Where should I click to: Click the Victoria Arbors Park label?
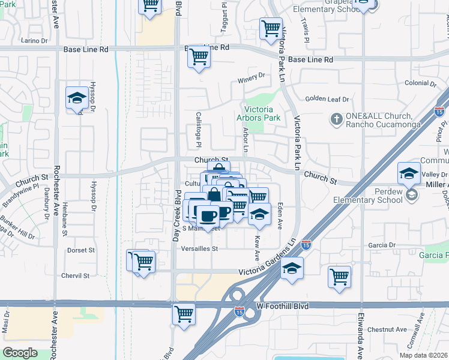click(255, 114)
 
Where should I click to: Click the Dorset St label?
click(81, 250)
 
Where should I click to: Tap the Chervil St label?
click(75, 276)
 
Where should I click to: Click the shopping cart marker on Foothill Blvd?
click(184, 314)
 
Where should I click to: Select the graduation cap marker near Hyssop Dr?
click(77, 98)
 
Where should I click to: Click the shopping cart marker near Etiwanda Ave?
click(339, 277)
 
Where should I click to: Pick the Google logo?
click(20, 353)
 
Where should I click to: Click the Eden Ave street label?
click(280, 214)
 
